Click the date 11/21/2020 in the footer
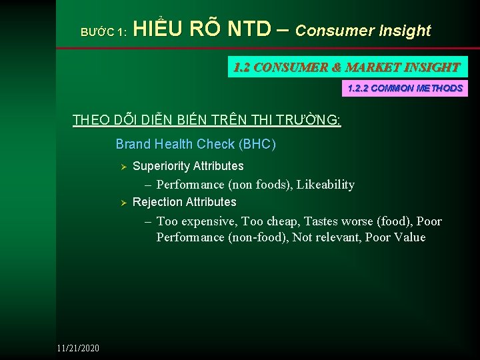pyautogui.click(x=78, y=347)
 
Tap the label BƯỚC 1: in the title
pyautogui.click(x=103, y=32)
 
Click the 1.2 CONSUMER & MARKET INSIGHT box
pyautogui.click(x=347, y=67)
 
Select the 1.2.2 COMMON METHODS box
pyautogui.click(x=405, y=88)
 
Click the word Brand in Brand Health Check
pyautogui.click(x=133, y=144)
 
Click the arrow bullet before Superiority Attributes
pyautogui.click(x=122, y=166)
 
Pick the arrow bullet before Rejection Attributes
pyautogui.click(x=122, y=202)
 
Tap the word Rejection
pyautogui.click(x=157, y=202)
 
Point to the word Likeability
pyautogui.click(x=325, y=185)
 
